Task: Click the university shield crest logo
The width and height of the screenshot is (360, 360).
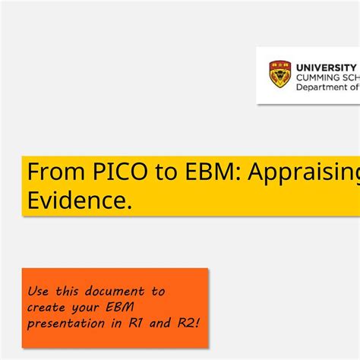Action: point(280,74)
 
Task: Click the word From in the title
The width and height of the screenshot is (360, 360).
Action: point(50,172)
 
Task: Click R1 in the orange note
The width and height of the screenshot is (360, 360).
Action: point(136,324)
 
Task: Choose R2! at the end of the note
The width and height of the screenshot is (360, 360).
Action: point(189,324)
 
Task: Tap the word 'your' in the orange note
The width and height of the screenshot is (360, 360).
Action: point(89,308)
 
